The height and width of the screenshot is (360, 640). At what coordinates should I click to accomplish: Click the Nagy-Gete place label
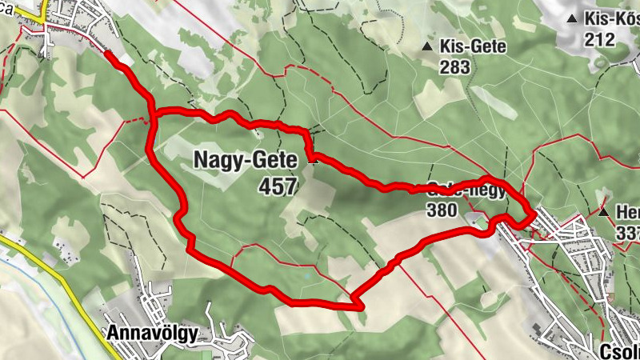tap(245, 160)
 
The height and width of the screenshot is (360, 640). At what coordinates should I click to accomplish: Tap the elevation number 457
tap(277, 187)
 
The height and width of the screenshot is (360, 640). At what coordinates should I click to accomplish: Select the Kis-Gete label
tap(473, 46)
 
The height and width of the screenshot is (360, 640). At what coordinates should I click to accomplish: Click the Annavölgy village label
tap(151, 333)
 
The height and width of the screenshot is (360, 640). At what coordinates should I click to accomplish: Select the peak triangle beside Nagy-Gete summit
tap(312, 160)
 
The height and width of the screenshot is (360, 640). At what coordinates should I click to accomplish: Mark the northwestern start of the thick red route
tap(108, 54)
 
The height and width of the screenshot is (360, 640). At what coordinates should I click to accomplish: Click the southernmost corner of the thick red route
tap(358, 306)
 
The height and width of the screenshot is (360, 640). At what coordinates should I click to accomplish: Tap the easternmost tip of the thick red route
tap(534, 216)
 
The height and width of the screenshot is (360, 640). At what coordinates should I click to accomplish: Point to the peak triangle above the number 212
tap(572, 18)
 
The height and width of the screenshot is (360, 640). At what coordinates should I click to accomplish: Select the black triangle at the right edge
tap(605, 213)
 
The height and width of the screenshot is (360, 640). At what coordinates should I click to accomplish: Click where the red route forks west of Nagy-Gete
tap(153, 117)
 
